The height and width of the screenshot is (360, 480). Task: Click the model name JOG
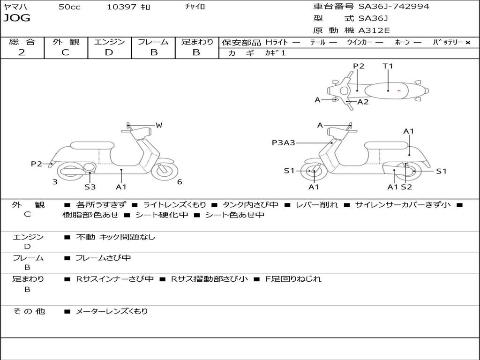point(16,18)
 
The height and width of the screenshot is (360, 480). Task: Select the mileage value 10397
point(121,7)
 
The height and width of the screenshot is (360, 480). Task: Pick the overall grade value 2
point(22,52)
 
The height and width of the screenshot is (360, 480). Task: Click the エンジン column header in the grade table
point(110,42)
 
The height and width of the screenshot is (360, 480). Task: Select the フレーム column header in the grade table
point(153,42)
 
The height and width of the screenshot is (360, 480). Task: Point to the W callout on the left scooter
point(159,125)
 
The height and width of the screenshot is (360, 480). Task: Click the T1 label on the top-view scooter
point(388,66)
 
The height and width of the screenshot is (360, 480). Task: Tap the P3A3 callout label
point(284,142)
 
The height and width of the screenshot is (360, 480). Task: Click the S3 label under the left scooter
point(90,187)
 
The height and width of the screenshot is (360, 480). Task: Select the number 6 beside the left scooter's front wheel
point(180,182)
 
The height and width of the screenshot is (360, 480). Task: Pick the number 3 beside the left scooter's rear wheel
point(55,182)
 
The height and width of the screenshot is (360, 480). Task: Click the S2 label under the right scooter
point(406,187)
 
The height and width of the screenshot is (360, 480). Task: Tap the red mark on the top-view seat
point(399,90)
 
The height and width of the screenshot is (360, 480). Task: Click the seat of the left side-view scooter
point(92,145)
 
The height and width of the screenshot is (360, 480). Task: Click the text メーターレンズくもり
point(112,311)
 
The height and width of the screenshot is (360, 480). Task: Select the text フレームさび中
point(103,258)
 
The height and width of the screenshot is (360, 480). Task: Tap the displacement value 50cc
point(69,7)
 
